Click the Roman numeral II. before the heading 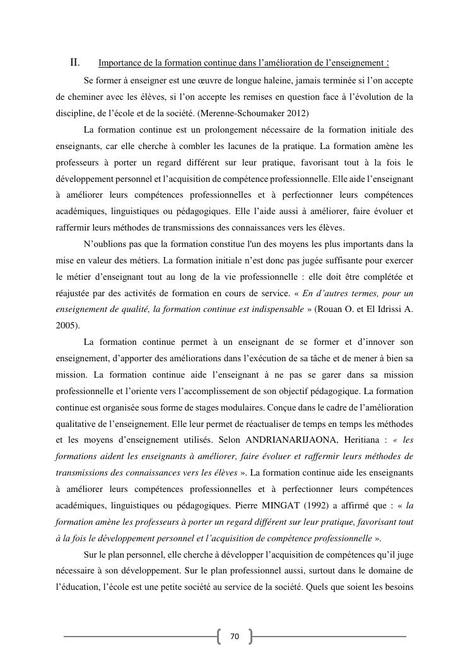point(74,63)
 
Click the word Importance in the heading point(120,63)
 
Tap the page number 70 point(235,637)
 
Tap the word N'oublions point(105,244)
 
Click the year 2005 point(65,326)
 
